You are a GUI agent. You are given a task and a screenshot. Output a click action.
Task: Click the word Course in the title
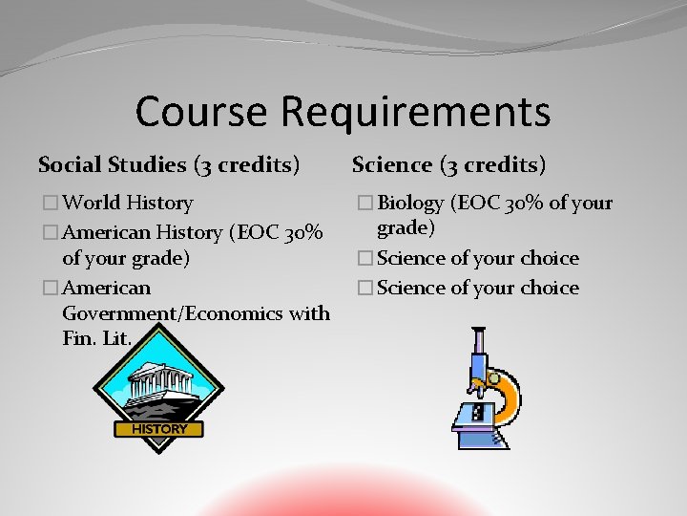[x=201, y=111]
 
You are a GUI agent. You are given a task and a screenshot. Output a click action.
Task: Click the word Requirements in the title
[x=415, y=113]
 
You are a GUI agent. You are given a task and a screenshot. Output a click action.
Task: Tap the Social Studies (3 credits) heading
[x=169, y=165]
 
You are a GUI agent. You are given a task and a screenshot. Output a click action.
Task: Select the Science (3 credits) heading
[x=448, y=165]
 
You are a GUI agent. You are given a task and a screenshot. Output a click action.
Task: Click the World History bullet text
[x=128, y=203]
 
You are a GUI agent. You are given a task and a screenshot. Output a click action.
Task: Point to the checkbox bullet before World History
[x=51, y=204]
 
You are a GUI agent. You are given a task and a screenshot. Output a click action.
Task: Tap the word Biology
[x=411, y=204]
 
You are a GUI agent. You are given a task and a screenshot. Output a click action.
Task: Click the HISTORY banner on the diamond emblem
[x=159, y=429]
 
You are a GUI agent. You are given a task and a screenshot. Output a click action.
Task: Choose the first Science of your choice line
[x=478, y=259]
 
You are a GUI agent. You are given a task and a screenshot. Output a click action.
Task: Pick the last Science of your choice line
[x=478, y=288]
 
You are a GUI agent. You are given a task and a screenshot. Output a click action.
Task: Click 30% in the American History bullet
[x=308, y=231]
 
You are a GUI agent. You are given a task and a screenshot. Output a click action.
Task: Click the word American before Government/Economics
[x=106, y=288]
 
